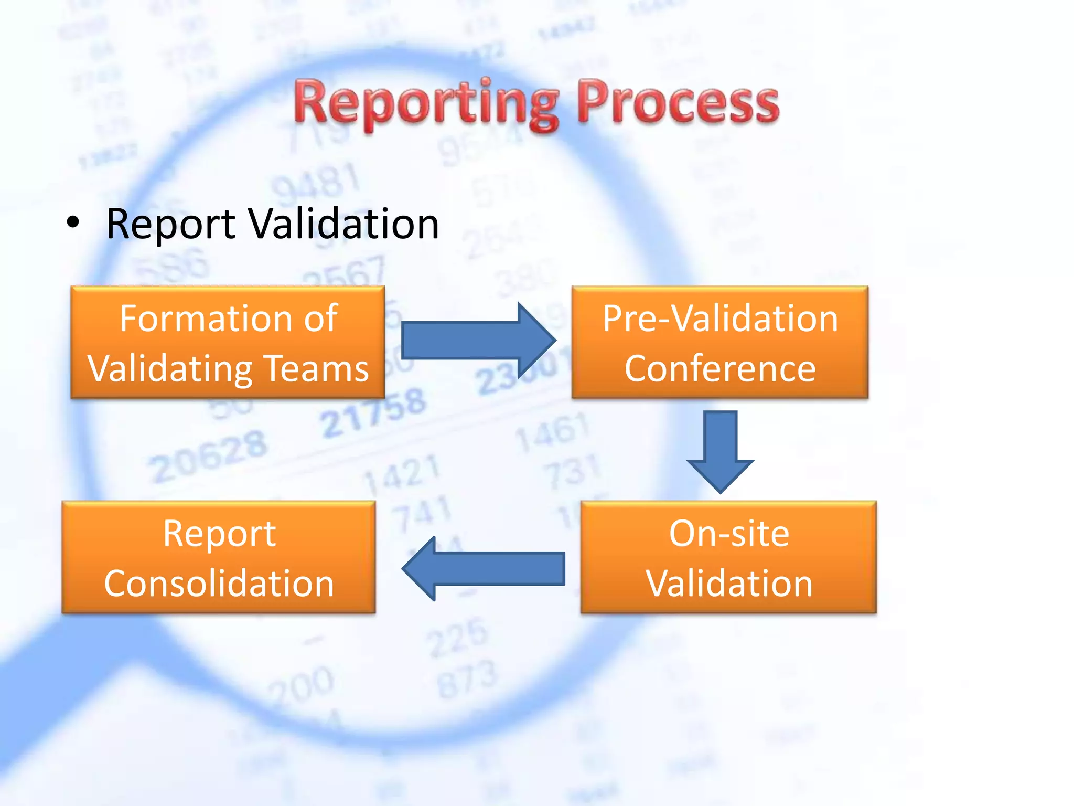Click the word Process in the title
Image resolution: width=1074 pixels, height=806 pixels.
pos(678,103)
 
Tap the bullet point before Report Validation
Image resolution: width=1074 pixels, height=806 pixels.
pos(73,223)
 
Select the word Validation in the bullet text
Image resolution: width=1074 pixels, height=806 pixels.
pos(343,224)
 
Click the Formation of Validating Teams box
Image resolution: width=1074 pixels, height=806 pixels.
pos(228,342)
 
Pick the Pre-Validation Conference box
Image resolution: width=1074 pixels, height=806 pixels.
pos(719,342)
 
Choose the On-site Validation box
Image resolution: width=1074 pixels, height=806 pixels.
pos(728,557)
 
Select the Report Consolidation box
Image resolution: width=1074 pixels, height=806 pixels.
pos(219,557)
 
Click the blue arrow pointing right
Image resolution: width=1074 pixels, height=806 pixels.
pos(478,340)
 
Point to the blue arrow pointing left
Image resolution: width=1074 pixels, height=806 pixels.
pos(482,568)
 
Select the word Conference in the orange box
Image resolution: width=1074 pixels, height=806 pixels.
pos(719,368)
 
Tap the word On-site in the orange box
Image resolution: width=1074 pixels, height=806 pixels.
pos(728,534)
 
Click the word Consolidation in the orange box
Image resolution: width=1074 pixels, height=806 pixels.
pos(219,584)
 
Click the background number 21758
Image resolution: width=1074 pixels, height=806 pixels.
pos(373,413)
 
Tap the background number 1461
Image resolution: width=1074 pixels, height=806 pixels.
pos(552,431)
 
